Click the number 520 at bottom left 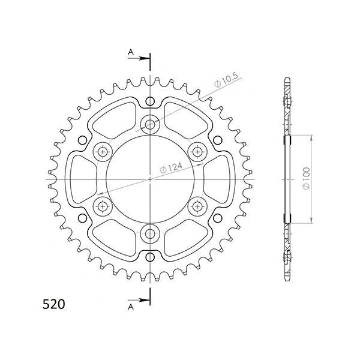[54, 304]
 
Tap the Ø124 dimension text [171, 168]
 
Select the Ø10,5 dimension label [226, 80]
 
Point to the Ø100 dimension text [306, 178]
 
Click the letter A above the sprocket [131, 52]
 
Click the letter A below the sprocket [131, 307]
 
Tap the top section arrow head [145, 58]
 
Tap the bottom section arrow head [145, 300]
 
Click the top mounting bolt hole [150, 124]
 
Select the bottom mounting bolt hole [150, 234]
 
